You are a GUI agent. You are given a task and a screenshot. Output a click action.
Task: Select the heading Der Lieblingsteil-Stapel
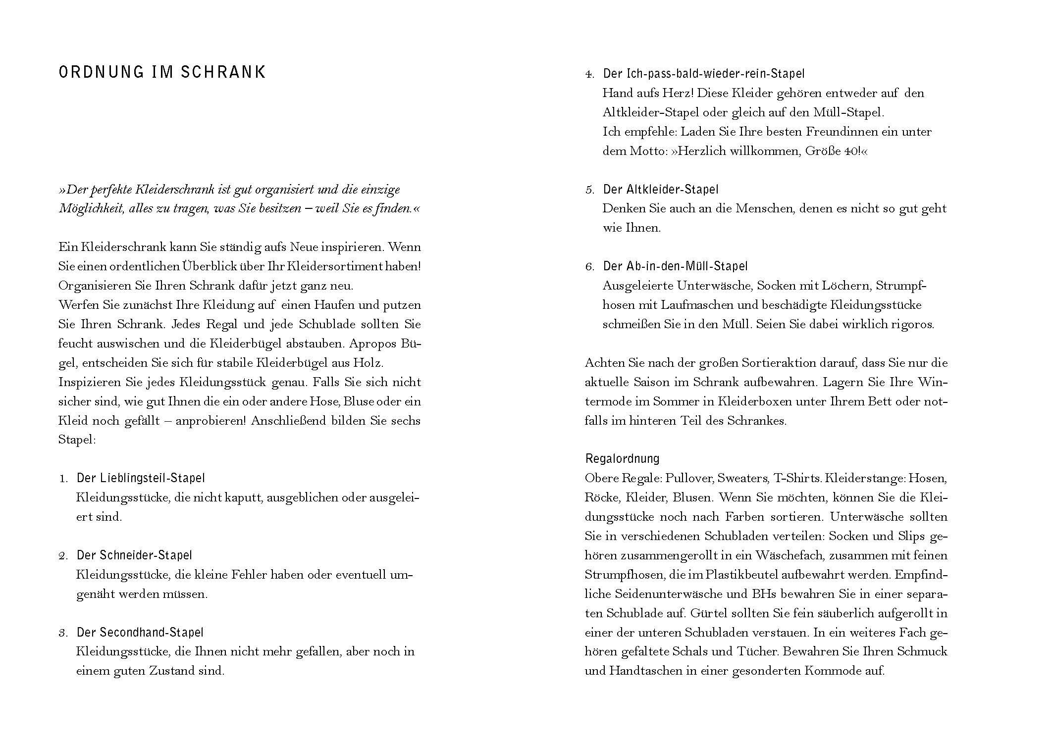pyautogui.click(x=140, y=478)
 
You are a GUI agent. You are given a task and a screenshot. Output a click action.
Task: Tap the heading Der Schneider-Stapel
pyautogui.click(x=134, y=555)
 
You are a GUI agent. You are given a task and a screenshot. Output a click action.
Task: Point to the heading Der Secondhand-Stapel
pyautogui.click(x=140, y=633)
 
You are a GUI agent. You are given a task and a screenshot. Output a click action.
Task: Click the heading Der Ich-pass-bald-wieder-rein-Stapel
pyautogui.click(x=703, y=74)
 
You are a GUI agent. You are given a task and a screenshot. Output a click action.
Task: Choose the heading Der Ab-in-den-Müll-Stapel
pyautogui.click(x=675, y=266)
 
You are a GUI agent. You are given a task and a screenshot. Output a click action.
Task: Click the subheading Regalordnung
pyautogui.click(x=622, y=458)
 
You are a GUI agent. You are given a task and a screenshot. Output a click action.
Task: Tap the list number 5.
pyautogui.click(x=589, y=190)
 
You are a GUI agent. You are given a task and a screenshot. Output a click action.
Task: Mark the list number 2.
pyautogui.click(x=63, y=556)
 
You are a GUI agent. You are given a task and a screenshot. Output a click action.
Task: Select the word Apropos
pyautogui.click(x=372, y=344)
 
